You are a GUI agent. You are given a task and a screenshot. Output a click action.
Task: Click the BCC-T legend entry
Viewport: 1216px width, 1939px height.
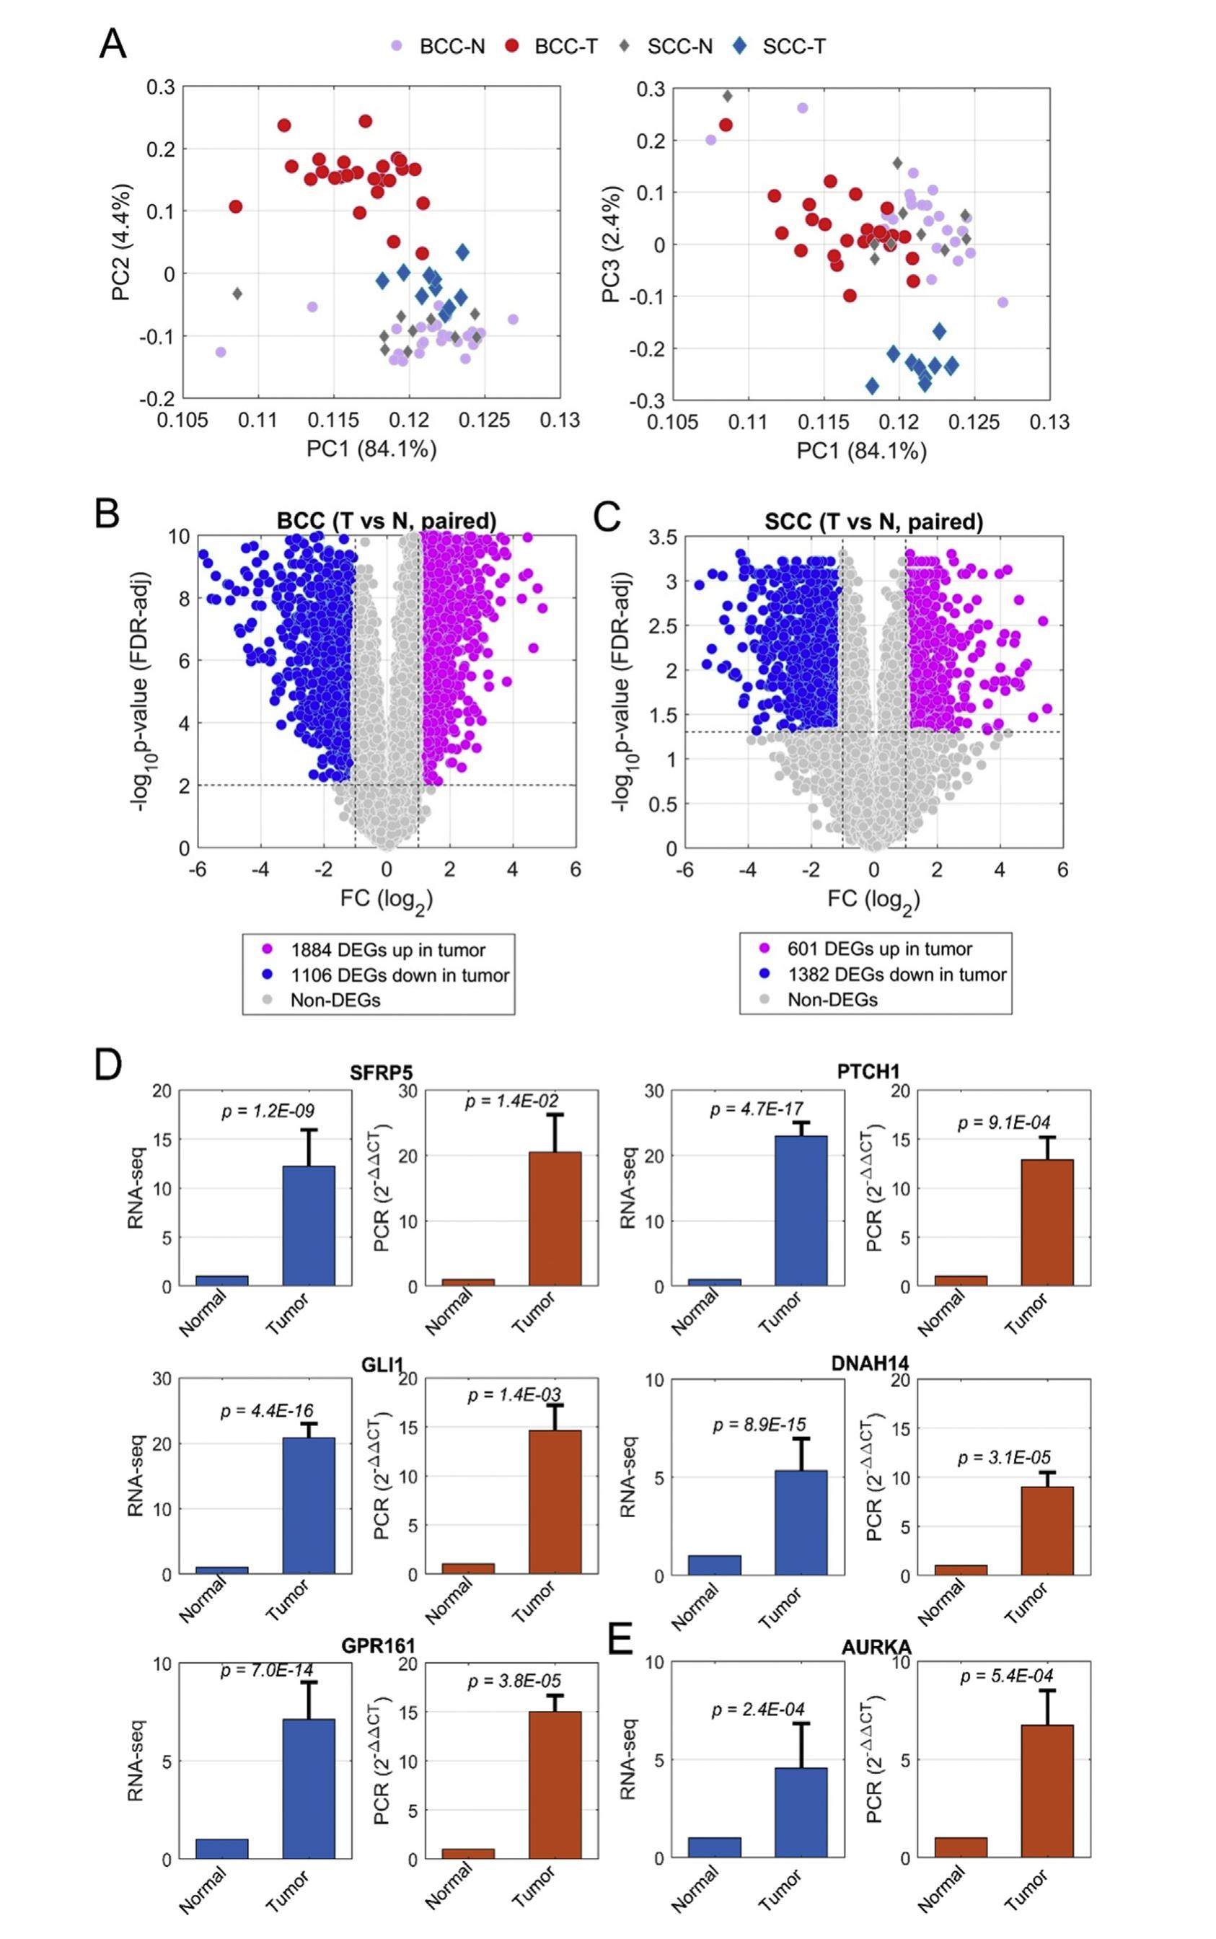(565, 47)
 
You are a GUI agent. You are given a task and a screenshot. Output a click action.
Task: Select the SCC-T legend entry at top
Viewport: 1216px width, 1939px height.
(793, 47)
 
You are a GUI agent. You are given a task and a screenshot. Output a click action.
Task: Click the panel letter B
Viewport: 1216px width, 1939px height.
(107, 514)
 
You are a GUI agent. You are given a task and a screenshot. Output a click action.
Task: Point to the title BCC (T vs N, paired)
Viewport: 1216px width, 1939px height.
(386, 521)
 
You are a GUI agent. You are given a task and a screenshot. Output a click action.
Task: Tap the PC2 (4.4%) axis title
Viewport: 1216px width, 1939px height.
(121, 243)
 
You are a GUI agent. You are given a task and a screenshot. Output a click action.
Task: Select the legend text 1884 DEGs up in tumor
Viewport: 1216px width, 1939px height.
(387, 950)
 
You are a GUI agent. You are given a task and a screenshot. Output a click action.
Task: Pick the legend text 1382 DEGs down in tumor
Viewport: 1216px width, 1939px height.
(896, 975)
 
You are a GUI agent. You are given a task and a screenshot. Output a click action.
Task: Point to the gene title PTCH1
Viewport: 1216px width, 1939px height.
(868, 1071)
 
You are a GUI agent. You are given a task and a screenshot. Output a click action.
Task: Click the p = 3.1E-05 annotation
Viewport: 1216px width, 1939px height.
(1004, 1458)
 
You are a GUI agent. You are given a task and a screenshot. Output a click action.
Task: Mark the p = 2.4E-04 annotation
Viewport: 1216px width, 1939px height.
(757, 1710)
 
